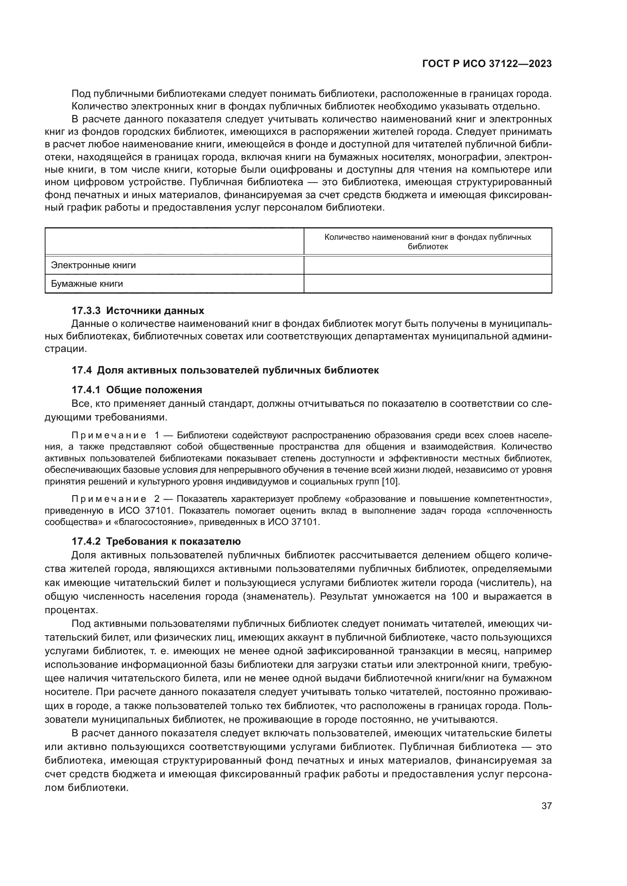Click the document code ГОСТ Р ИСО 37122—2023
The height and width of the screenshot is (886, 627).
[487, 64]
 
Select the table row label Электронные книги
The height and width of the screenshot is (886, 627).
[93, 265]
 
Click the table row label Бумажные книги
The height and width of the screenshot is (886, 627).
[87, 284]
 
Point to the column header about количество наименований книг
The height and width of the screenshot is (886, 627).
[428, 242]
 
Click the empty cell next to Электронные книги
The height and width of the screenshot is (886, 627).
[428, 265]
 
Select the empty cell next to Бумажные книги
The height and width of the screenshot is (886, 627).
[428, 284]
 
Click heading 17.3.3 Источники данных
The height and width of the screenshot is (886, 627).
[138, 310]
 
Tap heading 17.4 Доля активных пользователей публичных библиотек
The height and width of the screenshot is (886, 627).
[225, 370]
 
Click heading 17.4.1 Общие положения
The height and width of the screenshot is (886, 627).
[137, 389]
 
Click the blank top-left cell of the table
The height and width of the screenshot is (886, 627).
[174, 242]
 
